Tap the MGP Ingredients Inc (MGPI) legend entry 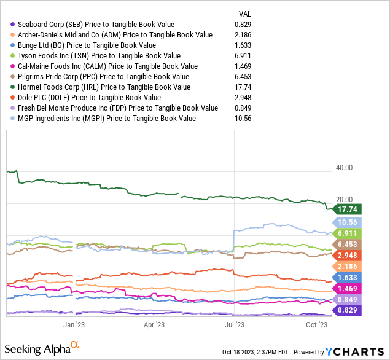[107, 119]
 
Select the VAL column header [244, 14]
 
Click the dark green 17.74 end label [346, 209]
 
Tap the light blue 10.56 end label [346, 222]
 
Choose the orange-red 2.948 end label [346, 255]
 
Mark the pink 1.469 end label [346, 288]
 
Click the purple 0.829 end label [346, 310]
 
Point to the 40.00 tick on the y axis [345, 167]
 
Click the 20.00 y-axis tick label [345, 200]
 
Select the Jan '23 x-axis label [74, 324]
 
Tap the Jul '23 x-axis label [236, 324]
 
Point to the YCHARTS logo [352, 351]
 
